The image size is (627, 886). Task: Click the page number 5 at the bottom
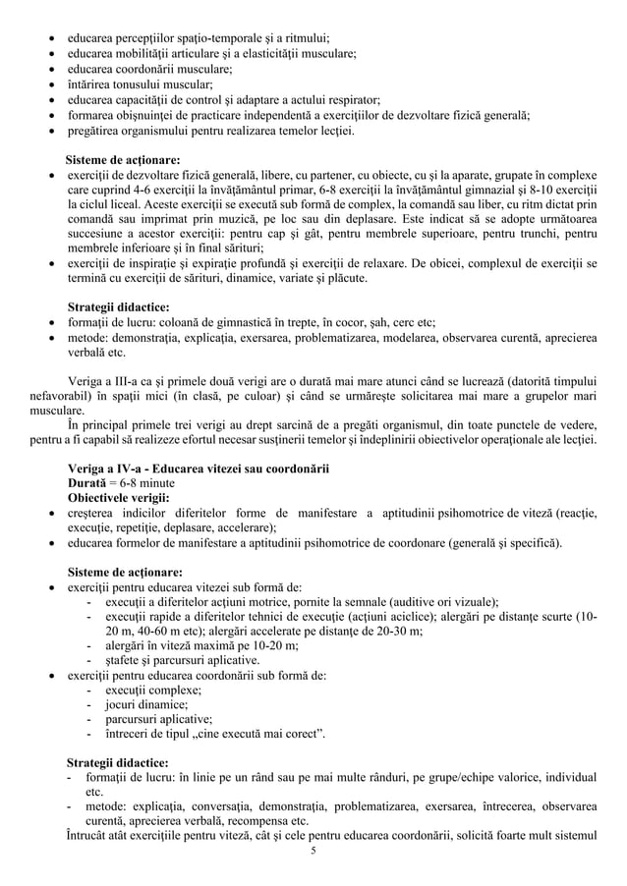313,851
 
